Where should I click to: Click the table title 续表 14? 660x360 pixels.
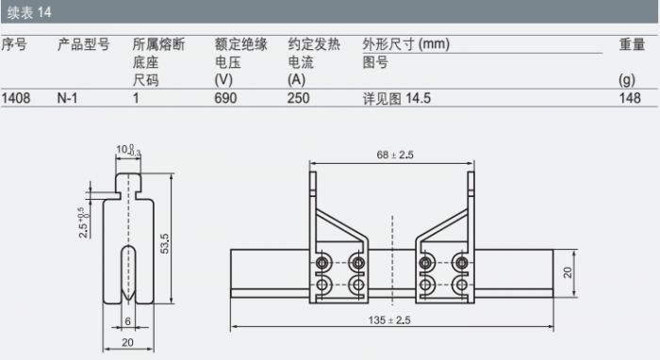(29, 12)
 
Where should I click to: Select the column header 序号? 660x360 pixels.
(14, 44)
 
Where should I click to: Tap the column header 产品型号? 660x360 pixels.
(83, 44)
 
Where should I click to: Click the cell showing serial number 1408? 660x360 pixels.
(16, 98)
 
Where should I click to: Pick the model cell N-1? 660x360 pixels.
(67, 98)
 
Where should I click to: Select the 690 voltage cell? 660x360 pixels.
(225, 98)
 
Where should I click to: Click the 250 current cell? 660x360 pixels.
(299, 98)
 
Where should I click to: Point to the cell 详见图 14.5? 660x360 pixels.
(397, 98)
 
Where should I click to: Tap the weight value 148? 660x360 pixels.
(630, 98)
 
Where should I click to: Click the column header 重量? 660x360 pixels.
(632, 44)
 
